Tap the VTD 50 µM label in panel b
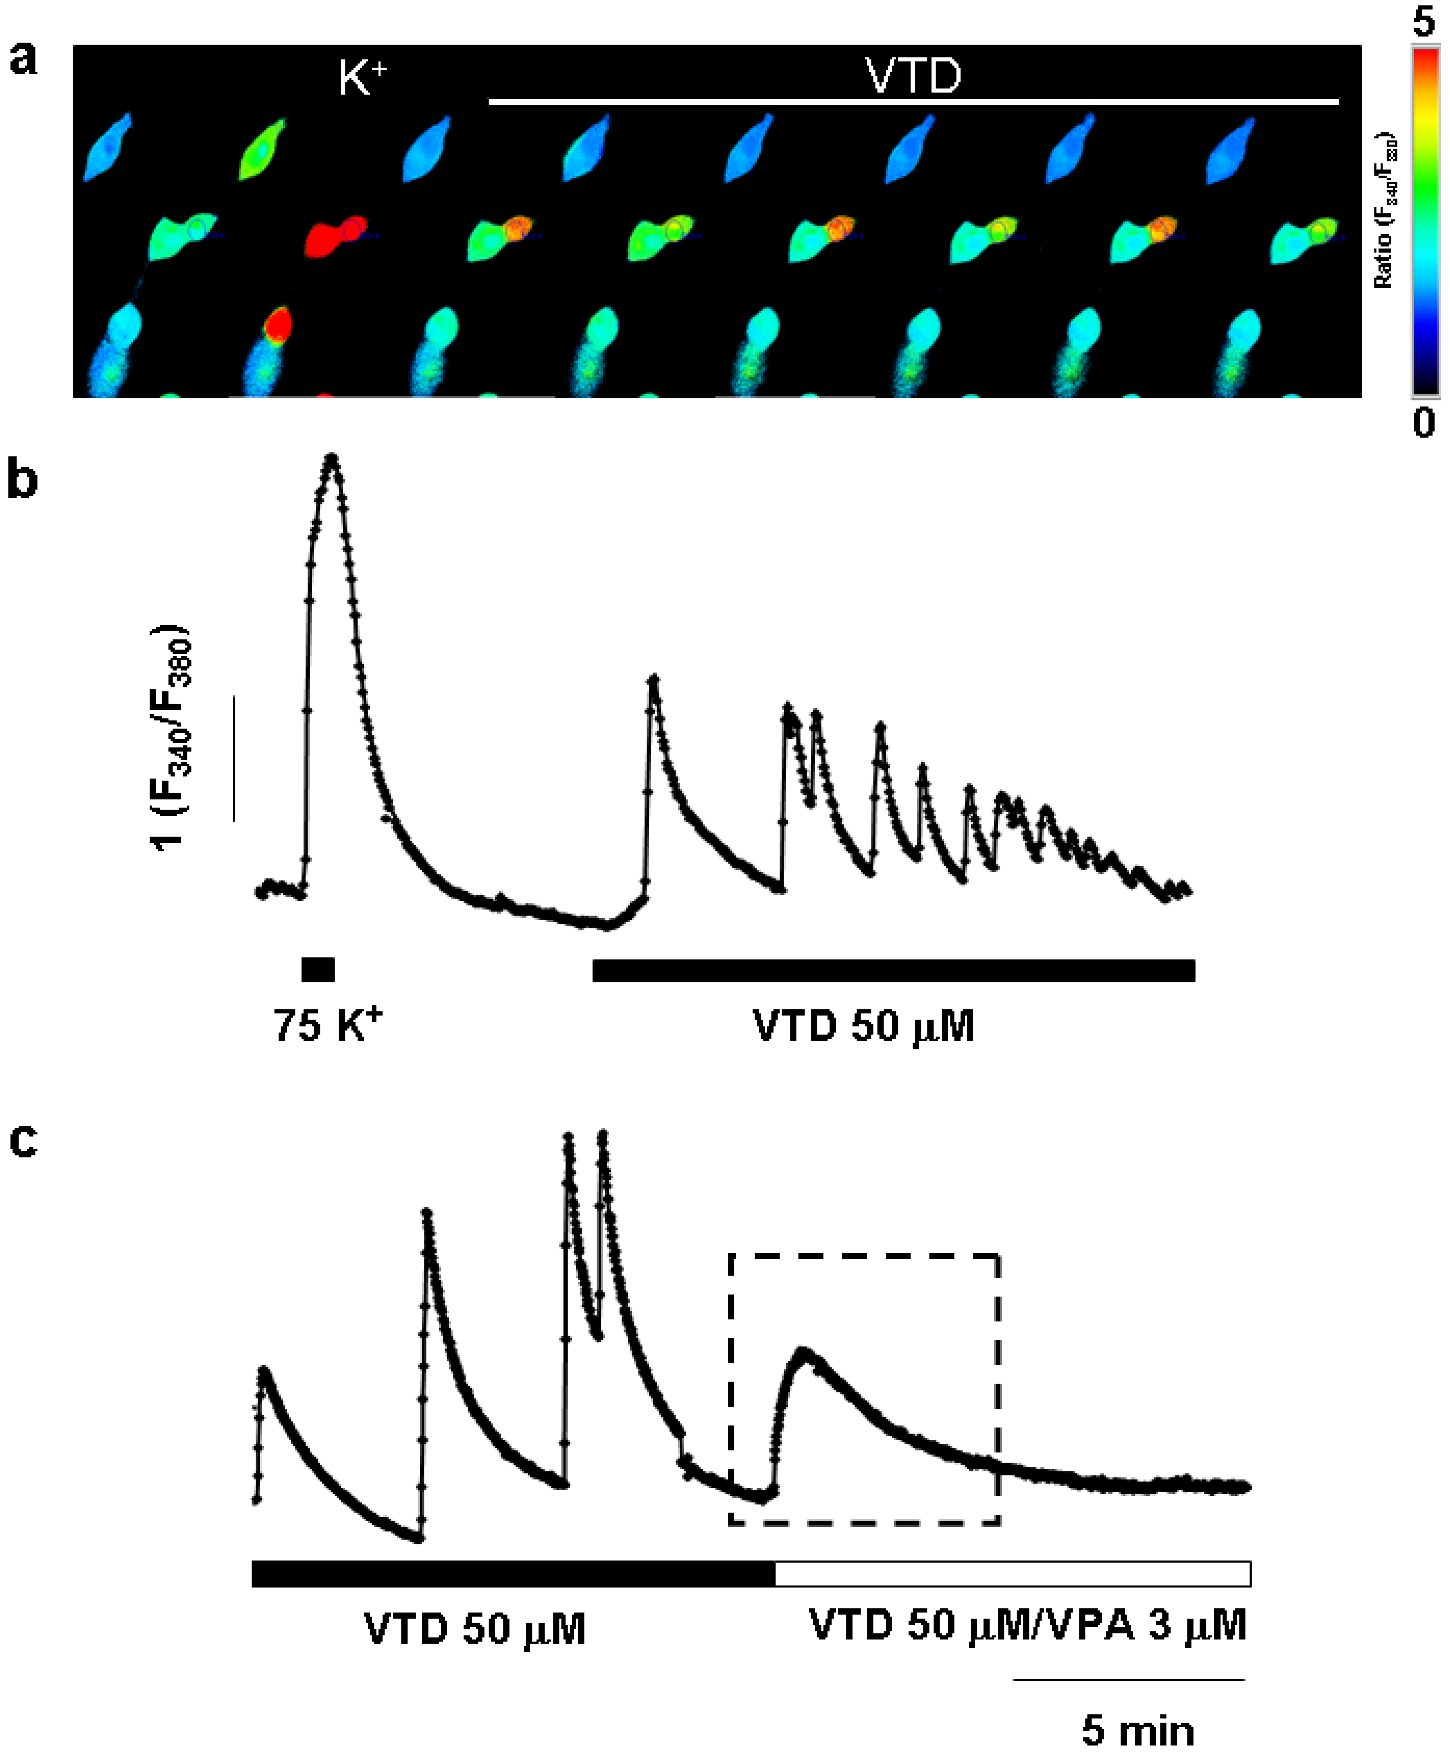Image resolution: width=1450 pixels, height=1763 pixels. pos(863,1026)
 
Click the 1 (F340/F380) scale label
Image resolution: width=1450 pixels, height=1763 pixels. pos(171,737)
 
